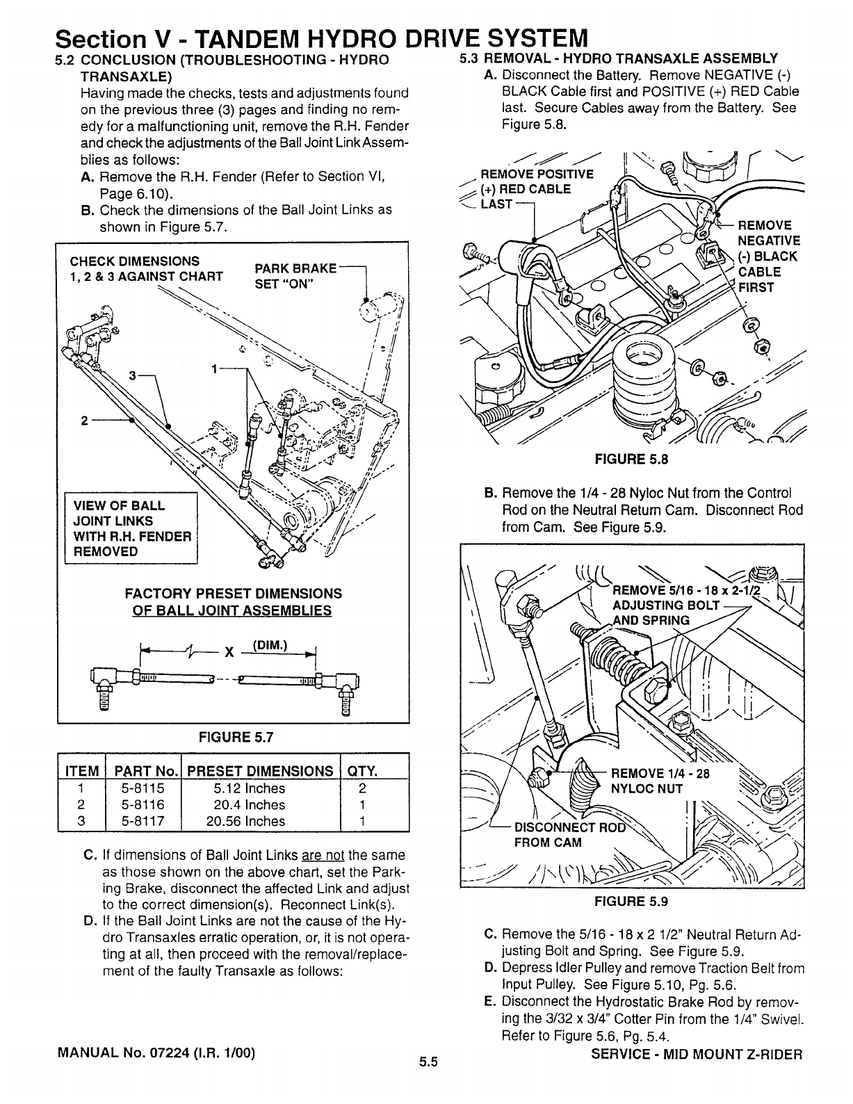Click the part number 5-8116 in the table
141,804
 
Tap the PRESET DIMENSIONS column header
260,771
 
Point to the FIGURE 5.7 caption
233,737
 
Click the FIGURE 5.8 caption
631,459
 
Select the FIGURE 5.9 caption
631,902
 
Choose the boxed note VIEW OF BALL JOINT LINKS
131,528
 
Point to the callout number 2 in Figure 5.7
84,421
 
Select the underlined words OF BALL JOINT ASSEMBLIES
232,611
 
